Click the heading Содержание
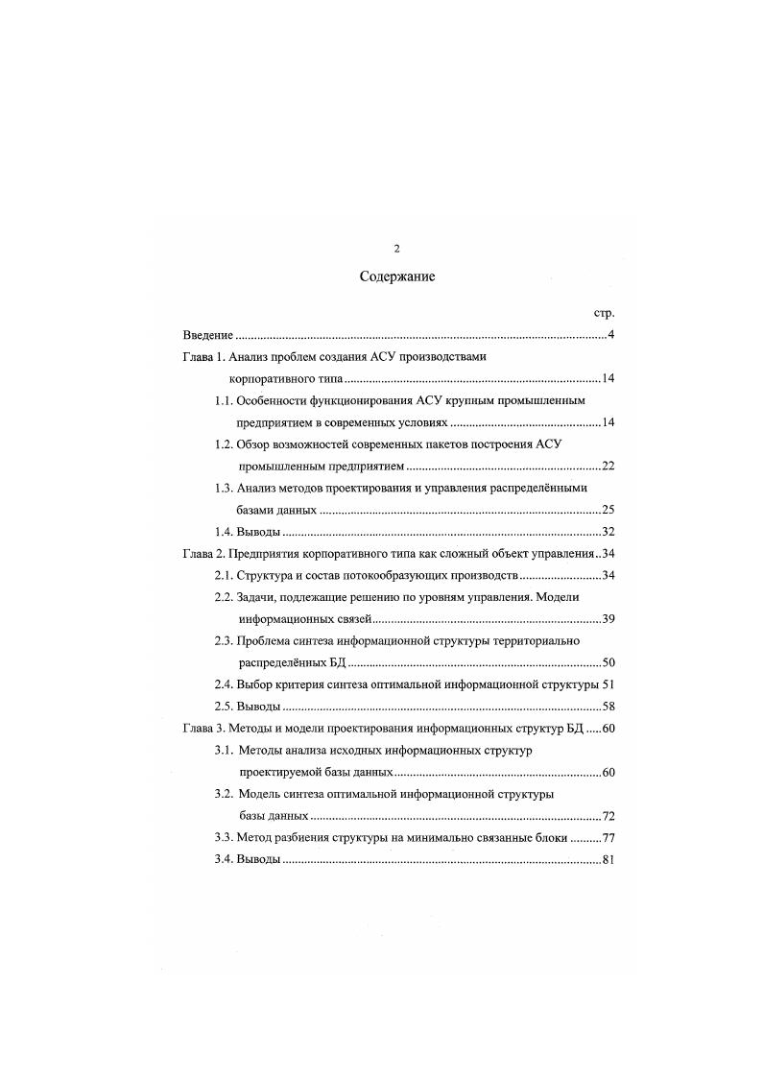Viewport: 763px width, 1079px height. (x=397, y=277)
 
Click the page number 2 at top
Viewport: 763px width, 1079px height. (x=397, y=249)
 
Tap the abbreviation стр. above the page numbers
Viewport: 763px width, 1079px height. (x=604, y=313)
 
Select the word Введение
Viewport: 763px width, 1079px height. (x=208, y=335)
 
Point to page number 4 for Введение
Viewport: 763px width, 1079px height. (x=610, y=335)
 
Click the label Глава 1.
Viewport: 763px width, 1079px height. (x=203, y=357)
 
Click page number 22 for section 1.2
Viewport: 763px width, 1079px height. (x=608, y=467)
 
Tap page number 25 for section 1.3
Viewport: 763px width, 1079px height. (x=608, y=510)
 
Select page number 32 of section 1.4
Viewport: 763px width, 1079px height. (x=608, y=532)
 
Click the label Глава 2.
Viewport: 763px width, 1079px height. (x=203, y=554)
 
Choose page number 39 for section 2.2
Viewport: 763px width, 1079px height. (x=608, y=618)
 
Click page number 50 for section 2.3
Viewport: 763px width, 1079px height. (x=608, y=662)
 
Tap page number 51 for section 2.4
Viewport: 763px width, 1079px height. (x=608, y=684)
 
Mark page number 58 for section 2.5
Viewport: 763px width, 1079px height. (x=608, y=707)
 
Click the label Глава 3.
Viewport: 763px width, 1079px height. (x=203, y=729)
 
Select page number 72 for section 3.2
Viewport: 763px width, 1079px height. (x=608, y=816)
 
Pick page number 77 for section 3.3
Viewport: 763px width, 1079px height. (x=608, y=838)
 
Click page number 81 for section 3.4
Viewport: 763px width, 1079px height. (x=608, y=860)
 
